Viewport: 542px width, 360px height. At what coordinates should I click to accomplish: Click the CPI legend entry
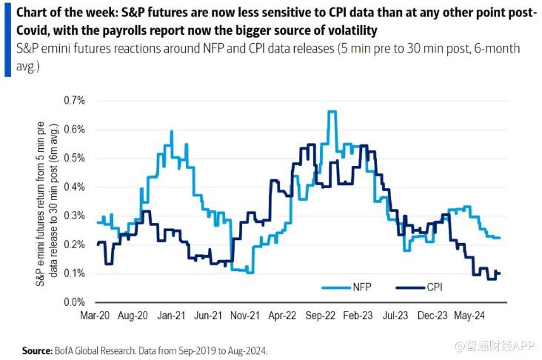click(425, 287)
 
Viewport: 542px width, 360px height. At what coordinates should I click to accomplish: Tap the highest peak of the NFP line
click(332, 112)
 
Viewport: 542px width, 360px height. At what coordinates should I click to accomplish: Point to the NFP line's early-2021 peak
click(172, 132)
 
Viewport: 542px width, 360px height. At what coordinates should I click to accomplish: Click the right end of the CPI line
click(501, 273)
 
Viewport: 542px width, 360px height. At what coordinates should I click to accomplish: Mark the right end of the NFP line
click(501, 238)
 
